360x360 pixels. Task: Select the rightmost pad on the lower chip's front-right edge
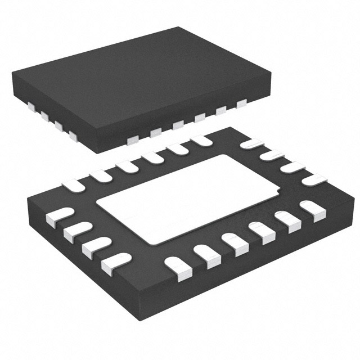pos(313,209)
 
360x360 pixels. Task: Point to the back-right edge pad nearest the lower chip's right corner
pos(314,179)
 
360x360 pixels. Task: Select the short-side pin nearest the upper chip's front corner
pos(73,135)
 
